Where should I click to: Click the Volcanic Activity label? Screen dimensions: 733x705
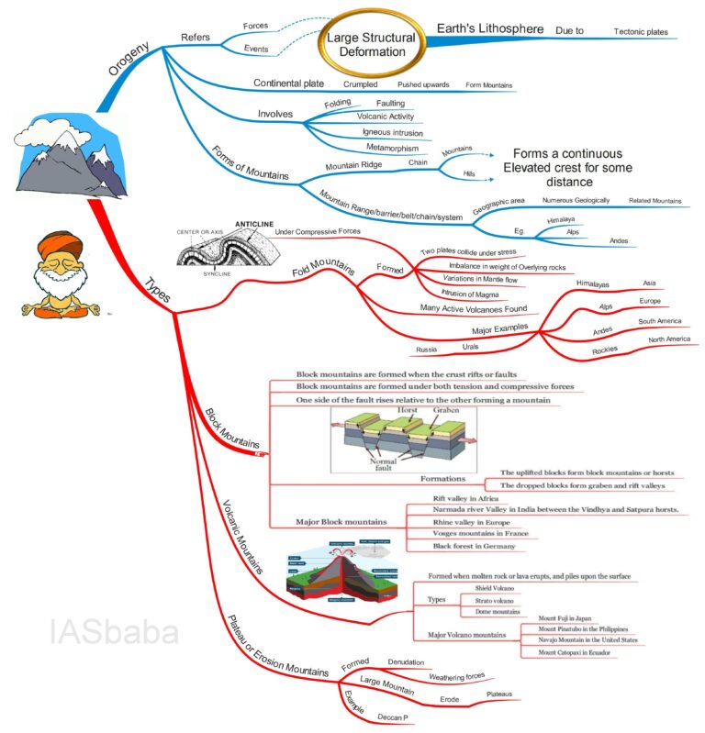[386, 117]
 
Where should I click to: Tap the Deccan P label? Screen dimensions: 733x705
[392, 716]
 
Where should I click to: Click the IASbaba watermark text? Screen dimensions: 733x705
[115, 632]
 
